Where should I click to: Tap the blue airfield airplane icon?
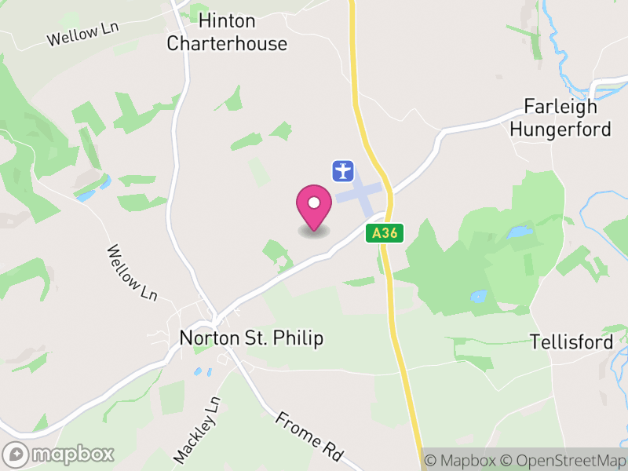coord(343,170)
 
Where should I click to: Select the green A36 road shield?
coord(385,232)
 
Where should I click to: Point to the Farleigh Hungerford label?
coord(560,118)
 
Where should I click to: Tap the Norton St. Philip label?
coord(251,338)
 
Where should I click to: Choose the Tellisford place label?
coord(571,342)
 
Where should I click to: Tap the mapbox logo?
coord(59,454)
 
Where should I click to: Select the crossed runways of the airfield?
coord(363,194)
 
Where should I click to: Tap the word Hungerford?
coord(560,129)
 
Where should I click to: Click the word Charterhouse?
coord(227,43)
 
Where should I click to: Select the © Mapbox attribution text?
coord(459,461)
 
